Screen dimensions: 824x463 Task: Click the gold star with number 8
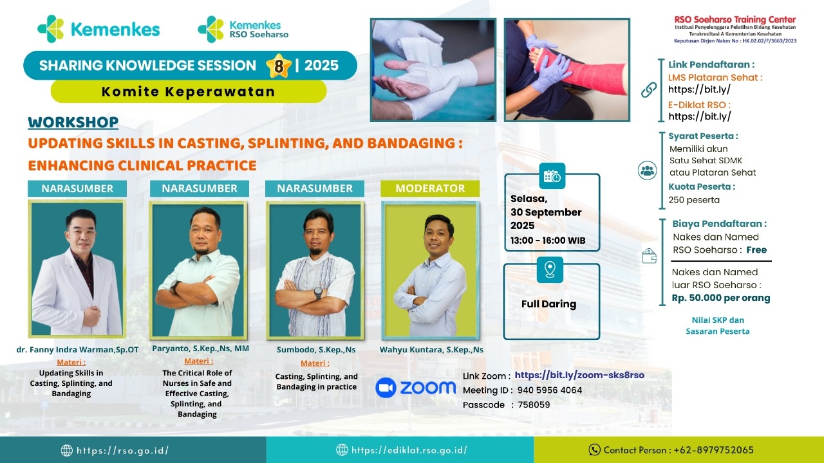(x=279, y=66)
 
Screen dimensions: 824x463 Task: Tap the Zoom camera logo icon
(x=386, y=388)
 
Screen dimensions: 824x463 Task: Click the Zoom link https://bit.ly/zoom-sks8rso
(x=579, y=375)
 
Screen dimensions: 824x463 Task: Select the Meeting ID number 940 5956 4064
(x=550, y=390)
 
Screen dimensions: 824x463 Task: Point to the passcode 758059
(x=534, y=404)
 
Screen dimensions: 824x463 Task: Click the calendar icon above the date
(x=552, y=176)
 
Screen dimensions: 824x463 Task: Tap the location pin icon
(x=550, y=269)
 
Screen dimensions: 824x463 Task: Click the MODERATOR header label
(x=430, y=188)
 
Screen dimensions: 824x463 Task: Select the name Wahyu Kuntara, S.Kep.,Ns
(x=431, y=349)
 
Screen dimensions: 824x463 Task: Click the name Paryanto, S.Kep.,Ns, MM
(x=200, y=349)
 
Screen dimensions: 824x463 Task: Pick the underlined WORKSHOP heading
(x=73, y=122)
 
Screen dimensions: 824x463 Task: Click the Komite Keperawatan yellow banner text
(x=189, y=91)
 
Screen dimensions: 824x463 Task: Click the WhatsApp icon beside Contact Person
(x=594, y=449)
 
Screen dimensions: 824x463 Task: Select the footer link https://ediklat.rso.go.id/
(x=409, y=449)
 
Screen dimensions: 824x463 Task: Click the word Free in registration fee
(x=756, y=250)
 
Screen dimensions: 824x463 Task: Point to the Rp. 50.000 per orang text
(x=721, y=298)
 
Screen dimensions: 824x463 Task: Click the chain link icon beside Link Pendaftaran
(x=648, y=89)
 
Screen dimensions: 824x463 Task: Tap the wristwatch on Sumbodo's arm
(x=318, y=293)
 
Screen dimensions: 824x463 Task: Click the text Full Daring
(x=549, y=304)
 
